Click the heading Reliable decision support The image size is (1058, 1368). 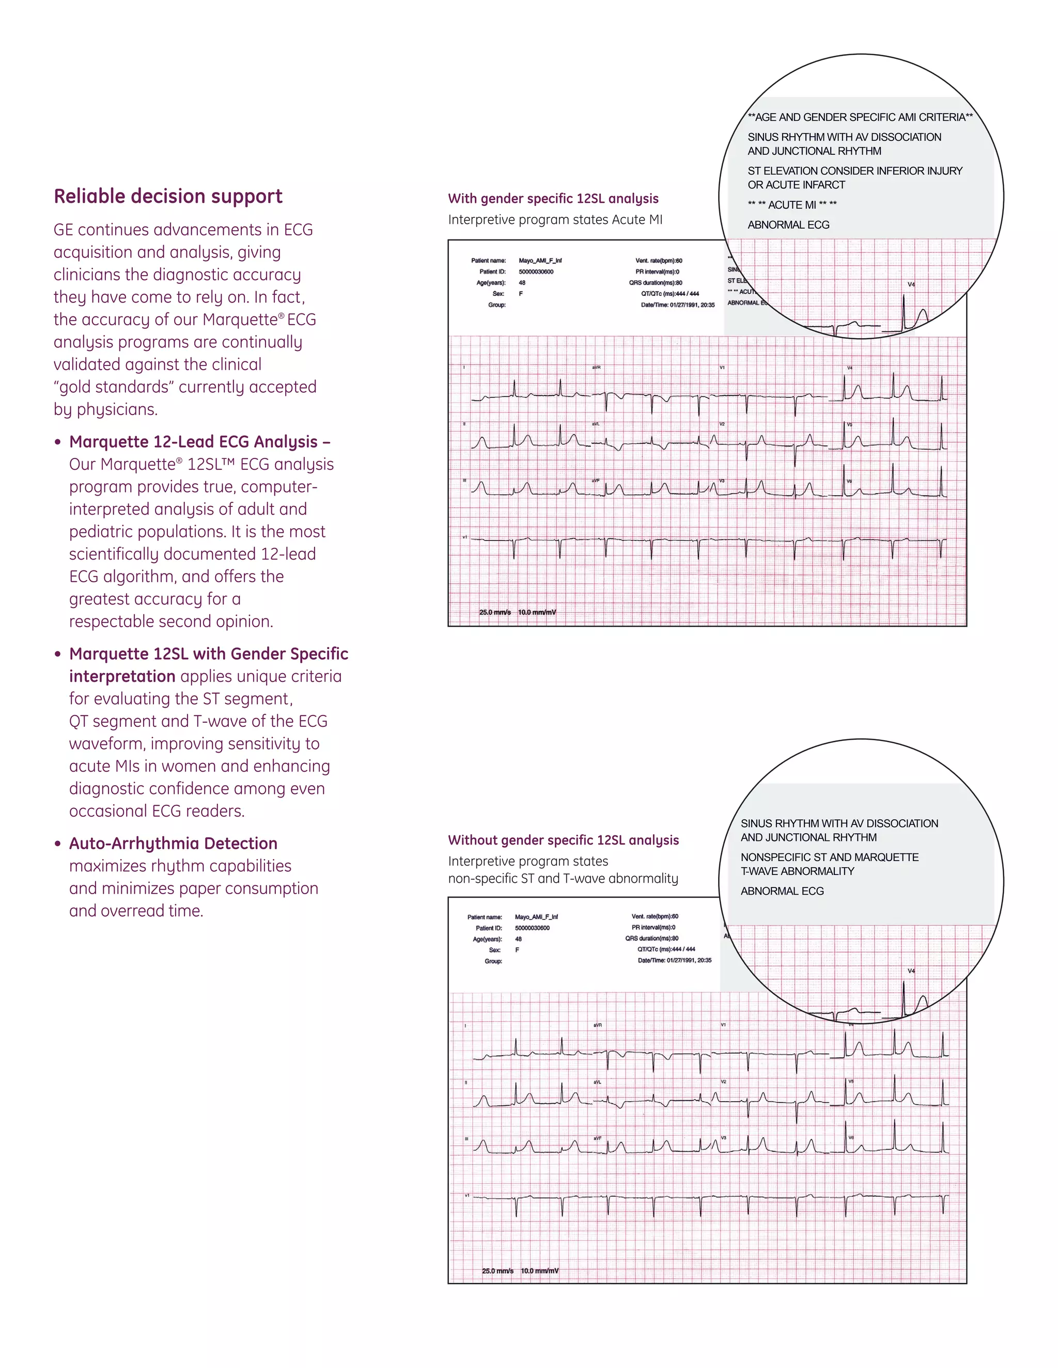[168, 196]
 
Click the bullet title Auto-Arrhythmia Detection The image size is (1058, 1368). [173, 843]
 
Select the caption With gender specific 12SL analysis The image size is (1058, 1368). [553, 199]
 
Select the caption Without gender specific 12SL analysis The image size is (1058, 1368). [563, 840]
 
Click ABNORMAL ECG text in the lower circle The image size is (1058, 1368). [782, 890]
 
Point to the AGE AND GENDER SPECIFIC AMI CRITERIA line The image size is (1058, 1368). [860, 117]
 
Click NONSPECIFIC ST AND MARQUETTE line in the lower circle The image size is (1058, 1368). [829, 857]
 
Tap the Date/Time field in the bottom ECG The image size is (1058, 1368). [674, 960]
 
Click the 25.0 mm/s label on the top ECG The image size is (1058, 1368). [494, 612]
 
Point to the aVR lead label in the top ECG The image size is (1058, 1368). [597, 368]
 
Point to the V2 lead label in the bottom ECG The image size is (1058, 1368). [723, 1081]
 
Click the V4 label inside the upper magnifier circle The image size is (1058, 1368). [911, 284]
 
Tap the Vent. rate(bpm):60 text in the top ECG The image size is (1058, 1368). [658, 261]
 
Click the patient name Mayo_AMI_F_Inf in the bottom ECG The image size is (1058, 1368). [536, 917]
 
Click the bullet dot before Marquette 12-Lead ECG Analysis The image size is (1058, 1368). [58, 442]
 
